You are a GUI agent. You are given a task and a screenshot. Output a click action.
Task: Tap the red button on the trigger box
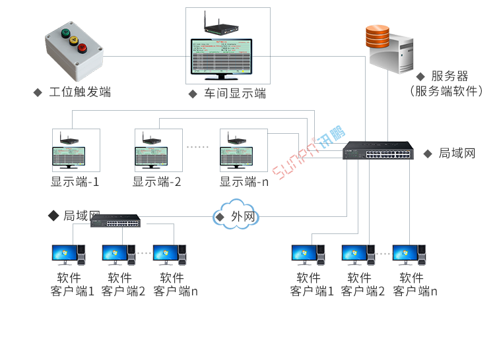[x=82, y=47]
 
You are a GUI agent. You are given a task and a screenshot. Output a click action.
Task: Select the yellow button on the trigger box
[x=74, y=40]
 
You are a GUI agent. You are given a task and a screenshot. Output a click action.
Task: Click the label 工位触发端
[x=80, y=92]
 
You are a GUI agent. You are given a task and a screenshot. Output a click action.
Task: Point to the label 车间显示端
[x=234, y=94]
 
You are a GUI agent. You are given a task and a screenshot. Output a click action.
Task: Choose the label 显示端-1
[x=75, y=181]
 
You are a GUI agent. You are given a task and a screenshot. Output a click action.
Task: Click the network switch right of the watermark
[x=378, y=152]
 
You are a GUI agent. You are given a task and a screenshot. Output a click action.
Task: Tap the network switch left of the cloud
[x=115, y=221]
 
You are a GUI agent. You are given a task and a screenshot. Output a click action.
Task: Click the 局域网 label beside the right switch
[x=457, y=153]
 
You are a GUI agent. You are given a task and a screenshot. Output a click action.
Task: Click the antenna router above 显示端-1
[x=69, y=140]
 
